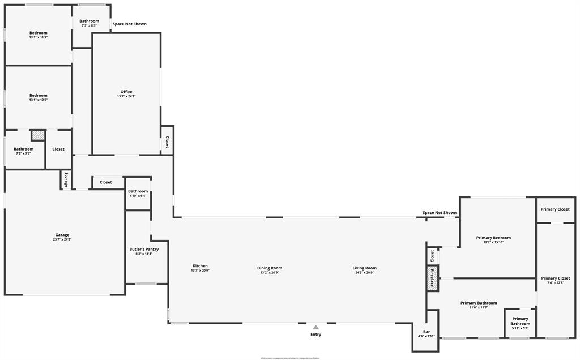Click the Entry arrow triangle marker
tap(315, 327)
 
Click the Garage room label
tap(62, 235)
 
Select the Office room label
tap(126, 92)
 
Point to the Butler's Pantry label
tap(144, 249)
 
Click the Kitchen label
tap(200, 266)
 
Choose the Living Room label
tap(364, 268)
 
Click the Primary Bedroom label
tap(493, 238)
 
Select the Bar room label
tap(426, 332)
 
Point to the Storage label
tap(66, 180)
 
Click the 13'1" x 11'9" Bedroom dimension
tap(39, 37)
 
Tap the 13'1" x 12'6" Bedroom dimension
tap(39, 100)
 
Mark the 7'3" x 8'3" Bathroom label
tap(89, 21)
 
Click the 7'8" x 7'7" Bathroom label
tap(23, 149)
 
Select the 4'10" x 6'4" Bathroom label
tap(138, 191)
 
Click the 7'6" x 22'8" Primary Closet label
tap(556, 278)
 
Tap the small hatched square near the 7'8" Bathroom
tap(38, 135)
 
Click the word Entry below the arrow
tap(315, 335)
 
